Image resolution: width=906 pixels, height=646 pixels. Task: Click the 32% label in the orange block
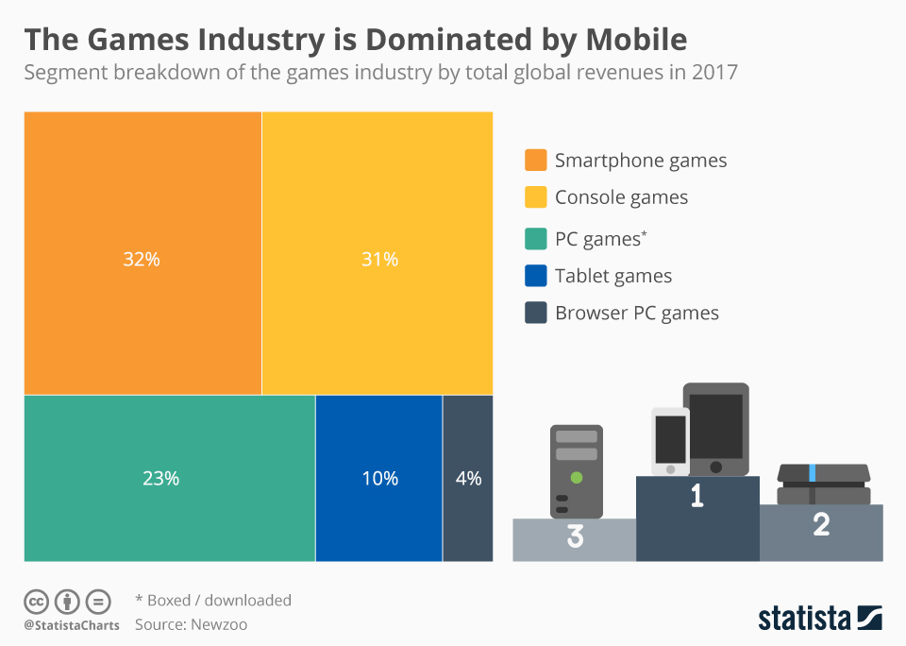[x=142, y=259]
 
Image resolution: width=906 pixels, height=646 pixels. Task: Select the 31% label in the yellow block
[x=379, y=259]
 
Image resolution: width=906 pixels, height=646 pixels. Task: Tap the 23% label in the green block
[x=160, y=479]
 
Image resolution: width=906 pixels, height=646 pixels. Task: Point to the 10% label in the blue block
[x=379, y=479]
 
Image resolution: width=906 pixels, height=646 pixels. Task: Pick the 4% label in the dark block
[x=468, y=479]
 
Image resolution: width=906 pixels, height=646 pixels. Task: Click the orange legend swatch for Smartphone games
[x=536, y=161]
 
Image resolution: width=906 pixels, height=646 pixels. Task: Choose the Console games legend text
[x=621, y=197]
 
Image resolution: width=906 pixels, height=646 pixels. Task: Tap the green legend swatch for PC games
[x=536, y=239]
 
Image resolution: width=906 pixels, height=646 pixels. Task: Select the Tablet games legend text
[x=613, y=276]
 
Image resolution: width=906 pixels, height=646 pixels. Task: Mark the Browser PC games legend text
[x=637, y=314]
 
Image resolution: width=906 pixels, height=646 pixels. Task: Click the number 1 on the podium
[x=697, y=496]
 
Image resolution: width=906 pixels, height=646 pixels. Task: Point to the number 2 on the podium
[x=821, y=525]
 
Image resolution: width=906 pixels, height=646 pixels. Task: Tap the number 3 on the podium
[x=575, y=537]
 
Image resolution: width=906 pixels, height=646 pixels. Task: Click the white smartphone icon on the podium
[x=670, y=441]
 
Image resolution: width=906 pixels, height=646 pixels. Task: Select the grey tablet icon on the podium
[x=716, y=428]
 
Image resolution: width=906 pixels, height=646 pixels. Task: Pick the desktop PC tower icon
[x=576, y=470]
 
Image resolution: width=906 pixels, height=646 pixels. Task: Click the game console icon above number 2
[x=822, y=484]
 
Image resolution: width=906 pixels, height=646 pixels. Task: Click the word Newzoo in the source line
[x=219, y=624]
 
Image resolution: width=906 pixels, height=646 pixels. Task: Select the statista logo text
[x=802, y=620]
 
